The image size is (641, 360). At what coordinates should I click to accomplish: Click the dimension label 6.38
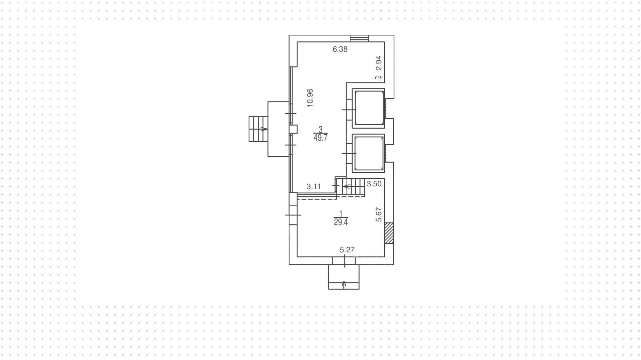[x=340, y=49]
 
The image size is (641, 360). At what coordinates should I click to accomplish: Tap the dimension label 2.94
[x=379, y=63]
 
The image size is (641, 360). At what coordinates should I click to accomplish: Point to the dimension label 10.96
[x=310, y=98]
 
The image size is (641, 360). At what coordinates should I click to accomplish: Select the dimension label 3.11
[x=313, y=187]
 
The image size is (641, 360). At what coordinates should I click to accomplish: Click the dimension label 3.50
[x=374, y=184]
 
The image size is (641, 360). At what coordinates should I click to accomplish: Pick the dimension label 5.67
[x=379, y=214]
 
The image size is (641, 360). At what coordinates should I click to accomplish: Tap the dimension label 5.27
[x=347, y=250]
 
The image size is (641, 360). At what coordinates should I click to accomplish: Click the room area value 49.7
[x=320, y=138]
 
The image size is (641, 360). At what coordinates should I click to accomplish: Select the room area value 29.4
[x=341, y=222]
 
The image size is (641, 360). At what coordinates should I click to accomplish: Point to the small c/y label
[x=379, y=77]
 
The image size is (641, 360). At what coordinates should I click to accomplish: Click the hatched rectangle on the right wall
[x=389, y=233]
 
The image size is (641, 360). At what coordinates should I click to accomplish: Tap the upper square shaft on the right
[x=369, y=108]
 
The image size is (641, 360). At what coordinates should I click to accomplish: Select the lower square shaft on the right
[x=369, y=153]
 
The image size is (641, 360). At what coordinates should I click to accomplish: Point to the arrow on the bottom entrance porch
[x=344, y=284]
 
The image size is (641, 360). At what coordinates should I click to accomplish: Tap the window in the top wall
[x=359, y=38]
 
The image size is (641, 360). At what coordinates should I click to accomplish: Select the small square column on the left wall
[x=293, y=129]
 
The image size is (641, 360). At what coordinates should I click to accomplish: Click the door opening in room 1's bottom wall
[x=344, y=260]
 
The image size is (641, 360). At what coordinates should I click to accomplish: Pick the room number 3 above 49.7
[x=320, y=129]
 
